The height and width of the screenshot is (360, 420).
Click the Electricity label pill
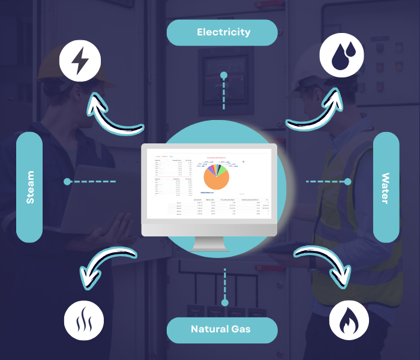click(223, 32)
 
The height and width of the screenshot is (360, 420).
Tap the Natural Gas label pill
click(221, 329)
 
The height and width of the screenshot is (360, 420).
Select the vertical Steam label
click(29, 187)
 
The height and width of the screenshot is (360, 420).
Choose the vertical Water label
click(386, 187)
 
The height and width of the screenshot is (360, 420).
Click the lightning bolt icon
click(80, 60)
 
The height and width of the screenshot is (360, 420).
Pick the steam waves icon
click(84, 320)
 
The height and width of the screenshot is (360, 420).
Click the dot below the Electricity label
click(224, 76)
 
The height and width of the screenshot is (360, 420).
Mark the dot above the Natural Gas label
click(225, 302)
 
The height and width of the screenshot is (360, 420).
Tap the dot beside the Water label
click(347, 181)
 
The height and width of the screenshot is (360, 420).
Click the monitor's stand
click(209, 244)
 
